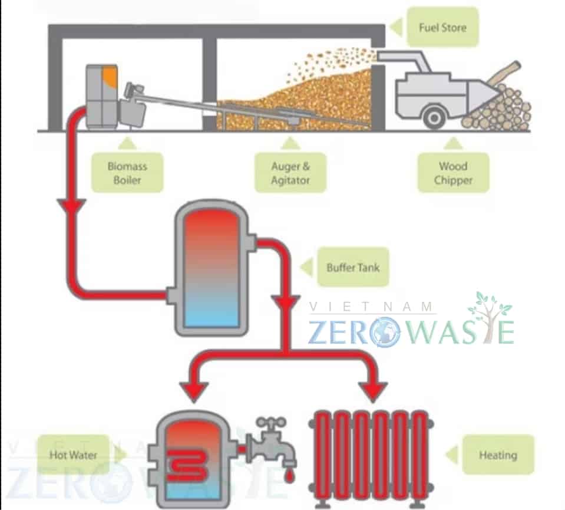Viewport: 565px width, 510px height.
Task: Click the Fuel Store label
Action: (x=442, y=27)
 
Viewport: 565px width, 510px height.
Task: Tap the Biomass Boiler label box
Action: (x=127, y=173)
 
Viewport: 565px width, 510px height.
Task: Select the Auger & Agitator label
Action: (x=290, y=173)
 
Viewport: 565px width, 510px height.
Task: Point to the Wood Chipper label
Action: (x=453, y=173)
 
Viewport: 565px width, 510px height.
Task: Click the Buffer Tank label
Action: (x=353, y=267)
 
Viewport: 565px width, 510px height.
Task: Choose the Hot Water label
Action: (x=74, y=455)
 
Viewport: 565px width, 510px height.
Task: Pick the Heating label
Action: (x=498, y=455)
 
